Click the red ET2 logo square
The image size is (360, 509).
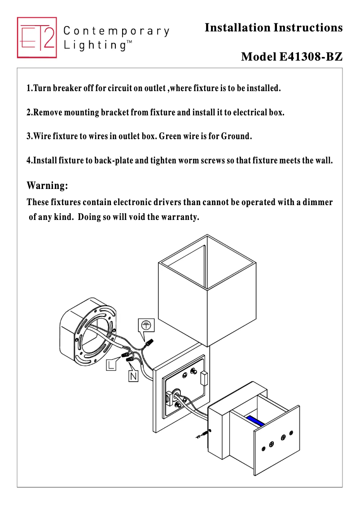coord(37,38)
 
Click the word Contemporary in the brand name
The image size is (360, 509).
coord(117,31)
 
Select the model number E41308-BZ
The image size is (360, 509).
coord(311,57)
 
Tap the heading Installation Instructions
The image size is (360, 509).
coord(273,28)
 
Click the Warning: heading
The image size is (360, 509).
coord(48,185)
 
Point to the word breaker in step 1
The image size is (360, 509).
coord(67,88)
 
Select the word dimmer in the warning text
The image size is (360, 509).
coord(318,202)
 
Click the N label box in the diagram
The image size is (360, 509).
coord(133,376)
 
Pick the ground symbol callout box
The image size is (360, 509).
coord(145,325)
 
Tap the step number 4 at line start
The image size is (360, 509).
coord(29,160)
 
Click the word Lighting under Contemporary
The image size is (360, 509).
coord(95,45)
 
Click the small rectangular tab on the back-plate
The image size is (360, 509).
coord(204,378)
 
